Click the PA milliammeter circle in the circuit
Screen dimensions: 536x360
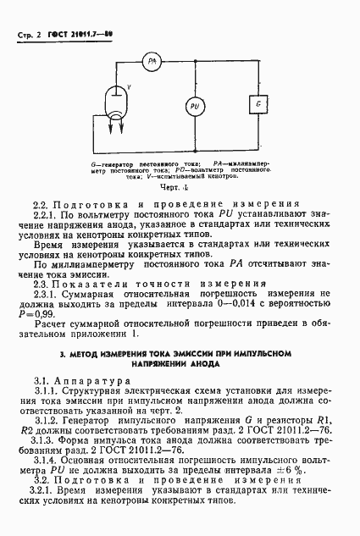[x=152, y=60]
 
